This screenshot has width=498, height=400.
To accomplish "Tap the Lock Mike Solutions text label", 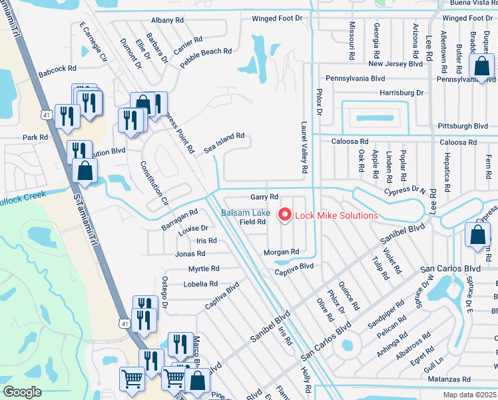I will click(x=336, y=215).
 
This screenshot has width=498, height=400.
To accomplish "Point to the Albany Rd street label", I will click(x=167, y=21).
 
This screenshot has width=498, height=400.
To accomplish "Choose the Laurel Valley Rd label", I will click(x=304, y=147).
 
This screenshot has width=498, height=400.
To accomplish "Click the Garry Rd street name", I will click(x=264, y=197).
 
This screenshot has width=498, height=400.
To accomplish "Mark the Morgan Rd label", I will click(x=280, y=252).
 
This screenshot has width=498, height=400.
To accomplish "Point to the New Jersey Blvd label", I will click(x=395, y=64).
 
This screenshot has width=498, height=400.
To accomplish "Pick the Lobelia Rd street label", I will click(x=200, y=284).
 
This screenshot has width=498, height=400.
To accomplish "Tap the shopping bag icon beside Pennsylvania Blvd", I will click(x=481, y=67).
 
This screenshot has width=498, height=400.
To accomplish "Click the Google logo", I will click(x=22, y=392).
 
